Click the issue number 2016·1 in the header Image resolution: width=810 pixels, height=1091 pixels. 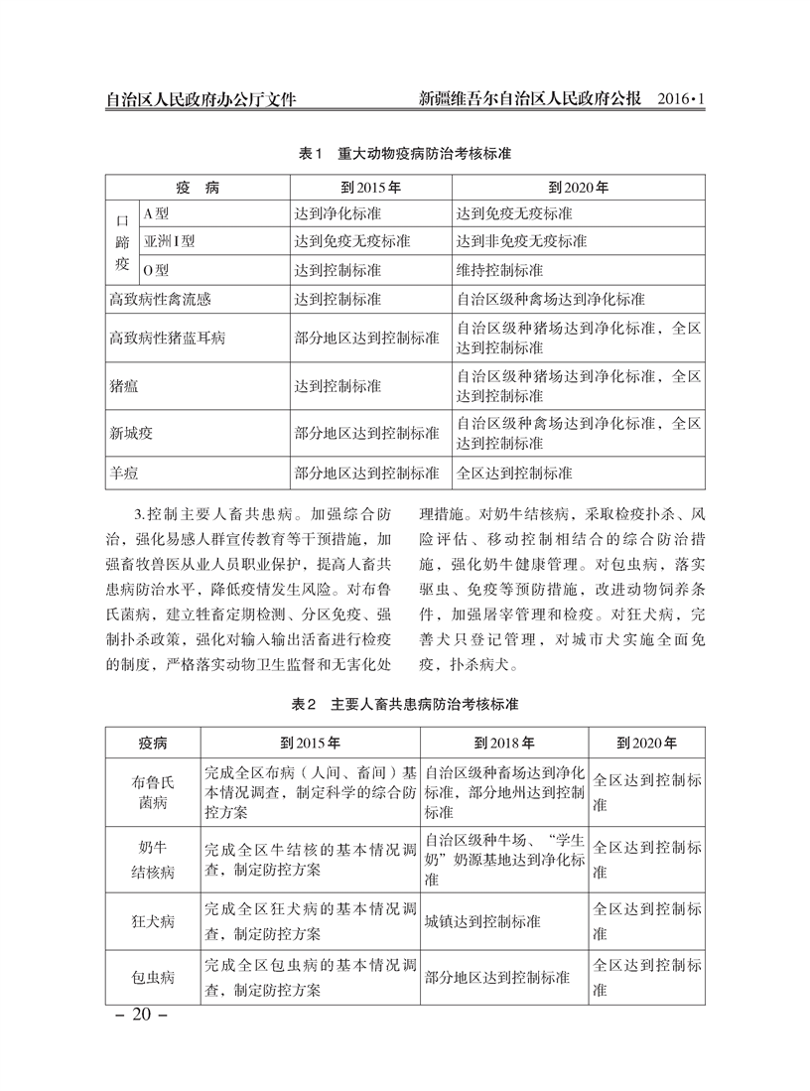680,100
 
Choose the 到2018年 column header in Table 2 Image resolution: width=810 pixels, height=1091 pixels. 504,742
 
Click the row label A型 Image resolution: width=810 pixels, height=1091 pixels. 157,213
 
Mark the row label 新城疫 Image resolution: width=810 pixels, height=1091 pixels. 131,434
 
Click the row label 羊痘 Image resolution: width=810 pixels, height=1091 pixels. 124,474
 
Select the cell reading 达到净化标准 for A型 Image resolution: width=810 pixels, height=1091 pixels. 337,213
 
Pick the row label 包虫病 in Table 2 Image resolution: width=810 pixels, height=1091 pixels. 153,977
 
